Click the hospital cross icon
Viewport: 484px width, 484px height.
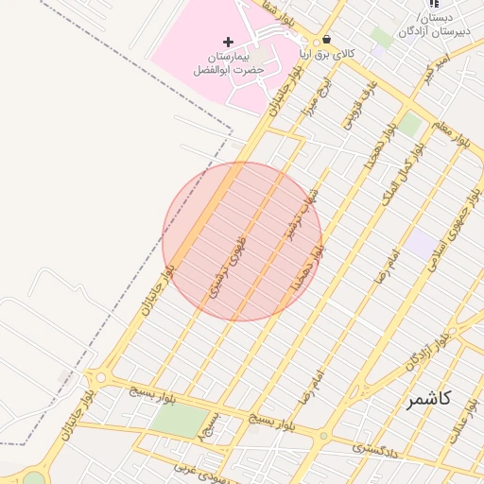click(x=228, y=42)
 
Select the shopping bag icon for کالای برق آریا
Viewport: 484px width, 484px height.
click(x=327, y=40)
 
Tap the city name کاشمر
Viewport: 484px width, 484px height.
click(x=428, y=399)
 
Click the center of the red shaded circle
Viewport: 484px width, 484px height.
click(x=242, y=241)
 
